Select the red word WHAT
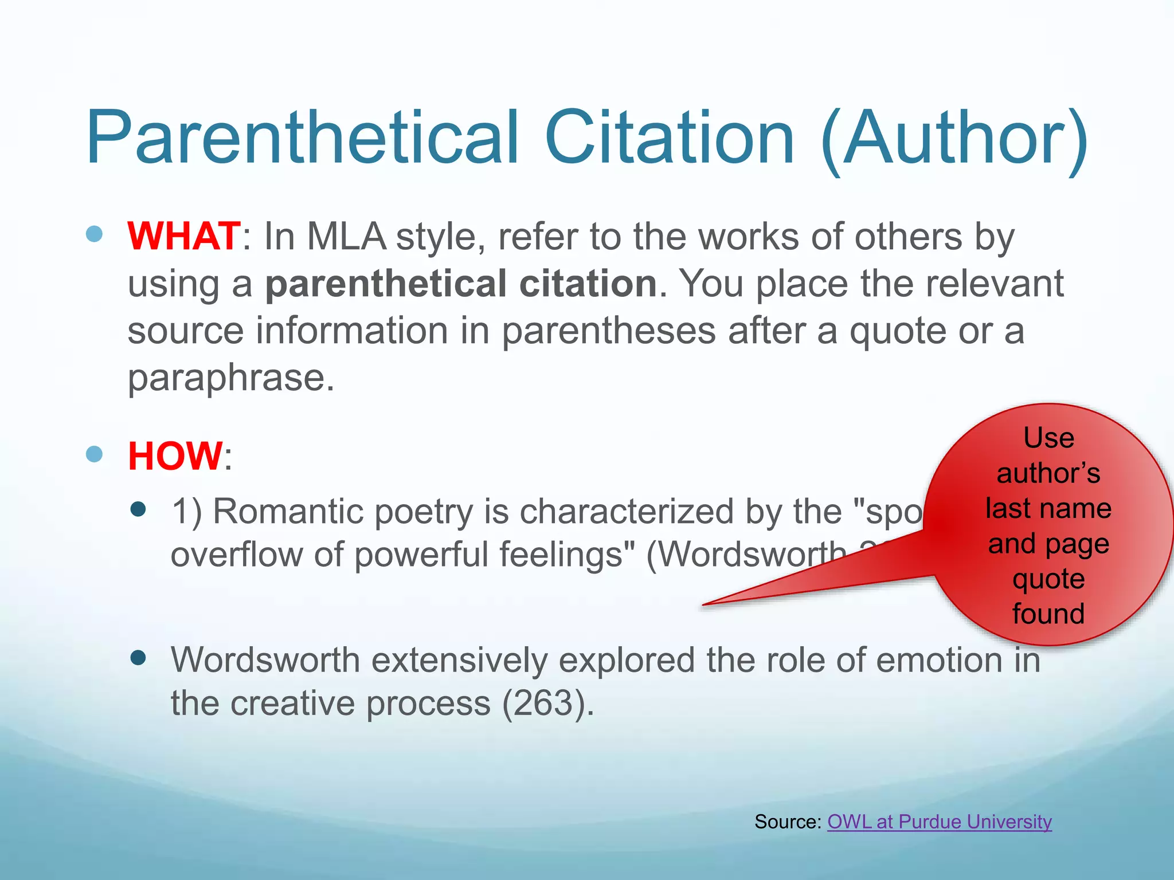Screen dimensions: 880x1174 (184, 236)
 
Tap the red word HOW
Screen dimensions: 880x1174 (175, 456)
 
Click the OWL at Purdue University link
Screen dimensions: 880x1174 (939, 822)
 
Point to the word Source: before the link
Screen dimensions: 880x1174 (788, 822)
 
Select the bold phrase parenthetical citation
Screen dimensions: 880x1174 (461, 284)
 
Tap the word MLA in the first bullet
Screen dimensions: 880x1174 (346, 236)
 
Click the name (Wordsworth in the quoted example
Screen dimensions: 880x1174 (745, 555)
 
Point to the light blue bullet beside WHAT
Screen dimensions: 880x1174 (94, 234)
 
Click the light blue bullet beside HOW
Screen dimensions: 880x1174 (94, 454)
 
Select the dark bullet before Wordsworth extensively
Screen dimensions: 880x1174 (138, 658)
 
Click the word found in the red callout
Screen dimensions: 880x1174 (1048, 614)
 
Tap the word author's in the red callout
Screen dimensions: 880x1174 (1048, 473)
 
